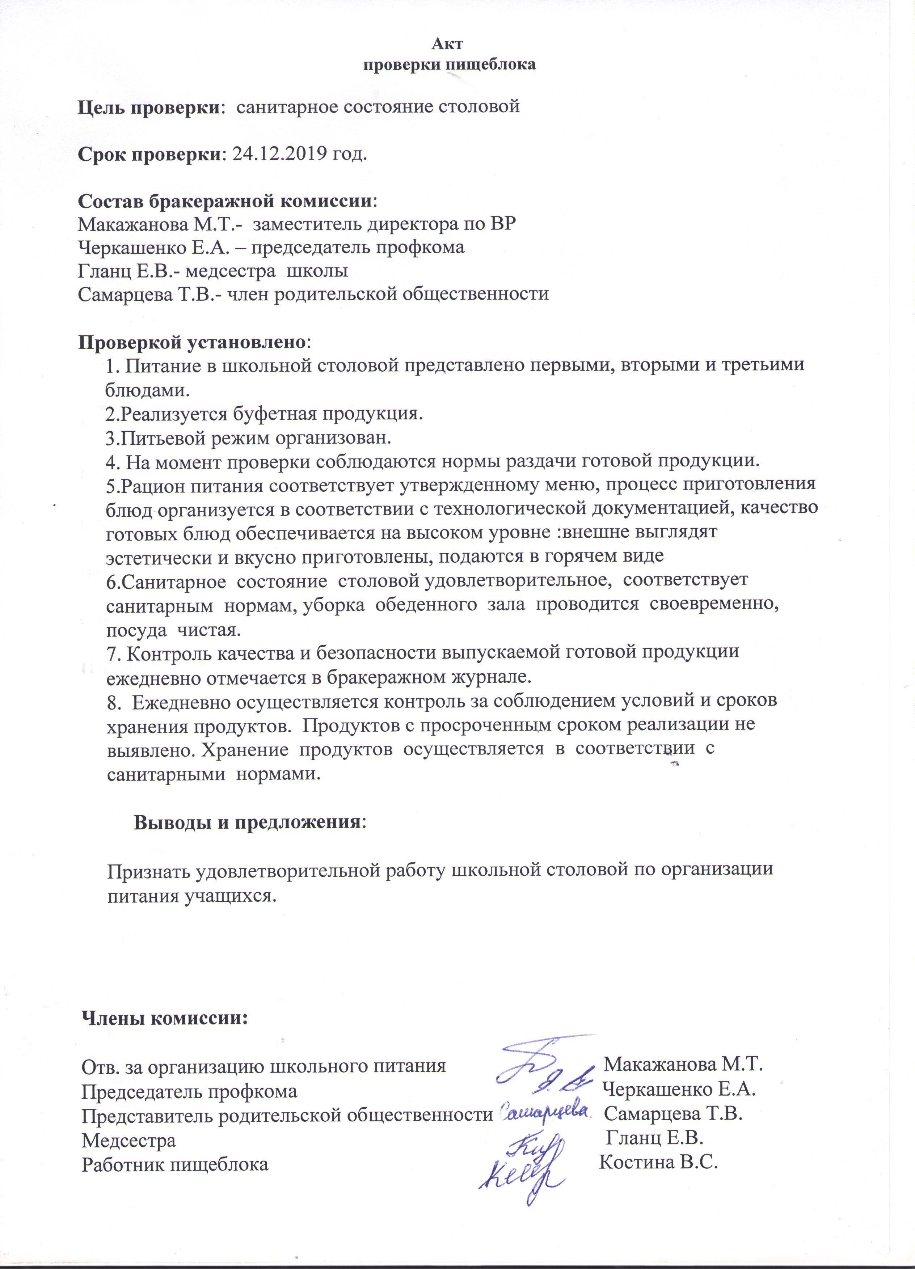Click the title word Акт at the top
[x=450, y=44]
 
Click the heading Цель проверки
[x=148, y=106]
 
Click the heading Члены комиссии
[x=165, y=1018]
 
